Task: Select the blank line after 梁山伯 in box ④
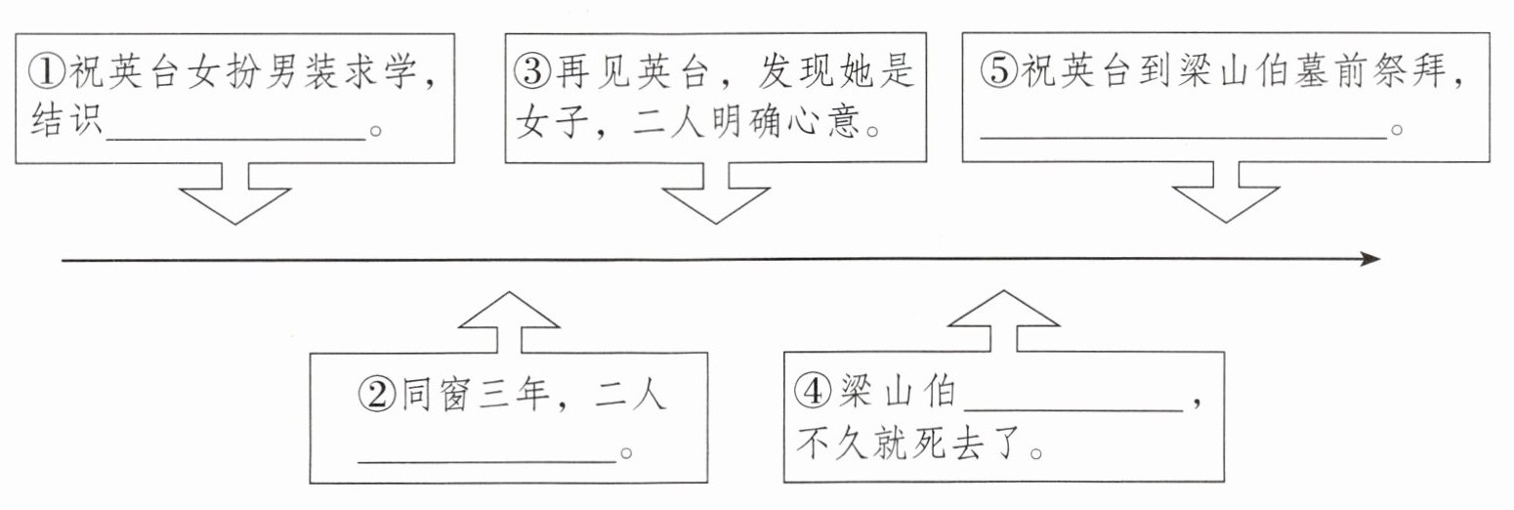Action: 1073,406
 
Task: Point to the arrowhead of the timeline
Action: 1370,259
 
